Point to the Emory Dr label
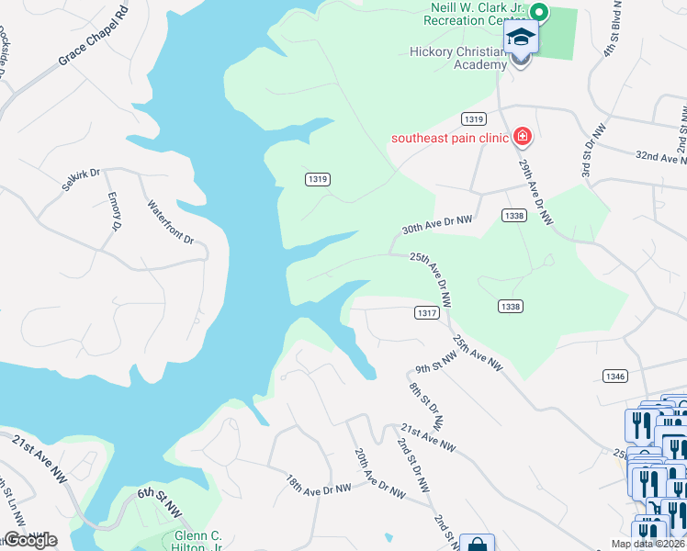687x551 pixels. coord(115,211)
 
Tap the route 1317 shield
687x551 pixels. coord(425,313)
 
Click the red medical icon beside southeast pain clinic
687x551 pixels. coord(523,138)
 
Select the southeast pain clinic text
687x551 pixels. coord(449,139)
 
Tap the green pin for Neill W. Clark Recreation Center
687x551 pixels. coord(540,13)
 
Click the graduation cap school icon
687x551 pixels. coord(520,38)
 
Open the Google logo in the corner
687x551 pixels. coord(30,540)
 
